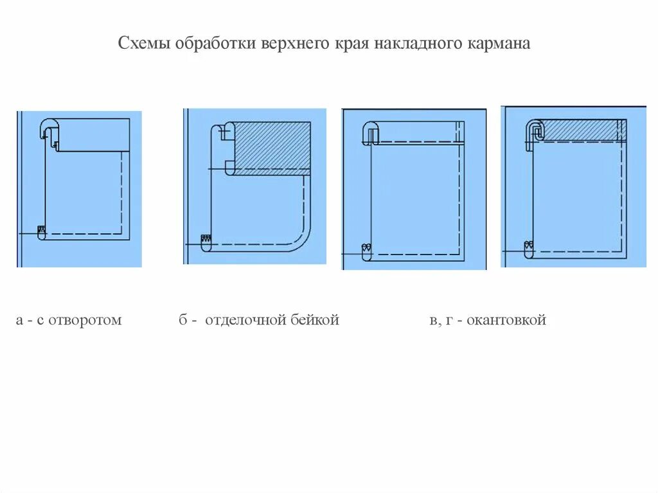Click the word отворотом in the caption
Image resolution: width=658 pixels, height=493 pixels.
(x=85, y=320)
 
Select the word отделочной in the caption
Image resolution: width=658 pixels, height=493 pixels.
(x=244, y=320)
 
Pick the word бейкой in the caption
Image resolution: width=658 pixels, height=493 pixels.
(x=312, y=320)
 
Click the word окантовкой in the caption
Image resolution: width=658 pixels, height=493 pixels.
(x=506, y=320)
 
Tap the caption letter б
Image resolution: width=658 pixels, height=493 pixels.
(x=183, y=320)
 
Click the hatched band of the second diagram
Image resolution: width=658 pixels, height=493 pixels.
(x=272, y=147)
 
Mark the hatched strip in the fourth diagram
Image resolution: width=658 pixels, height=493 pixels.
(x=578, y=130)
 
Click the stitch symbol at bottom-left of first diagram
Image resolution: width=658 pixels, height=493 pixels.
(x=42, y=230)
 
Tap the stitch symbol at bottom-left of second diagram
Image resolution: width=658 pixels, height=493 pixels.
(x=206, y=240)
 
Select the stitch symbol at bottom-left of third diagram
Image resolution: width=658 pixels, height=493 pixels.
(x=366, y=248)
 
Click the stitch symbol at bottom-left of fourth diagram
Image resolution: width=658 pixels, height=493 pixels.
(x=528, y=245)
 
